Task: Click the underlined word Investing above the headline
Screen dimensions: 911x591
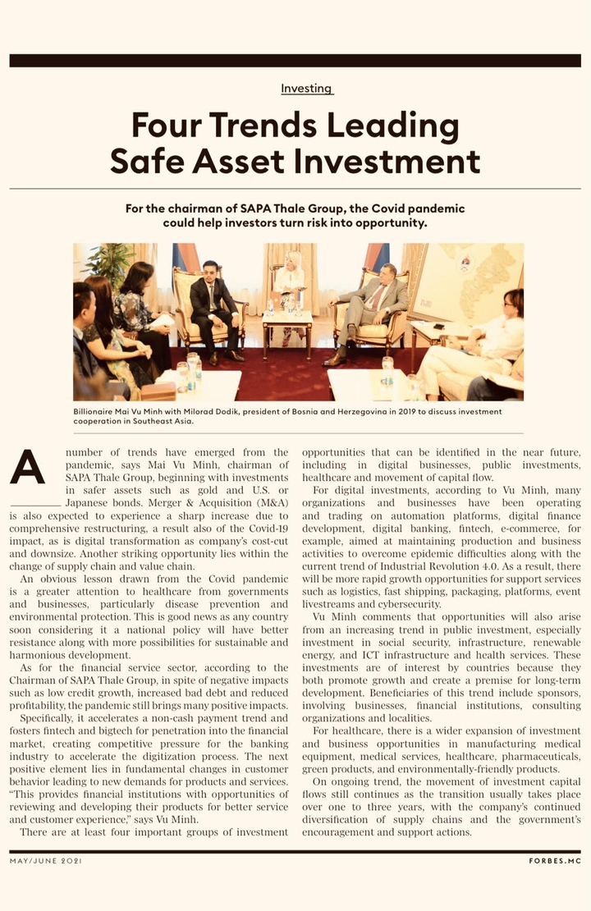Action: click(x=307, y=88)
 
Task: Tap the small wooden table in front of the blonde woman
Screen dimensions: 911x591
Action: click(x=287, y=328)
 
